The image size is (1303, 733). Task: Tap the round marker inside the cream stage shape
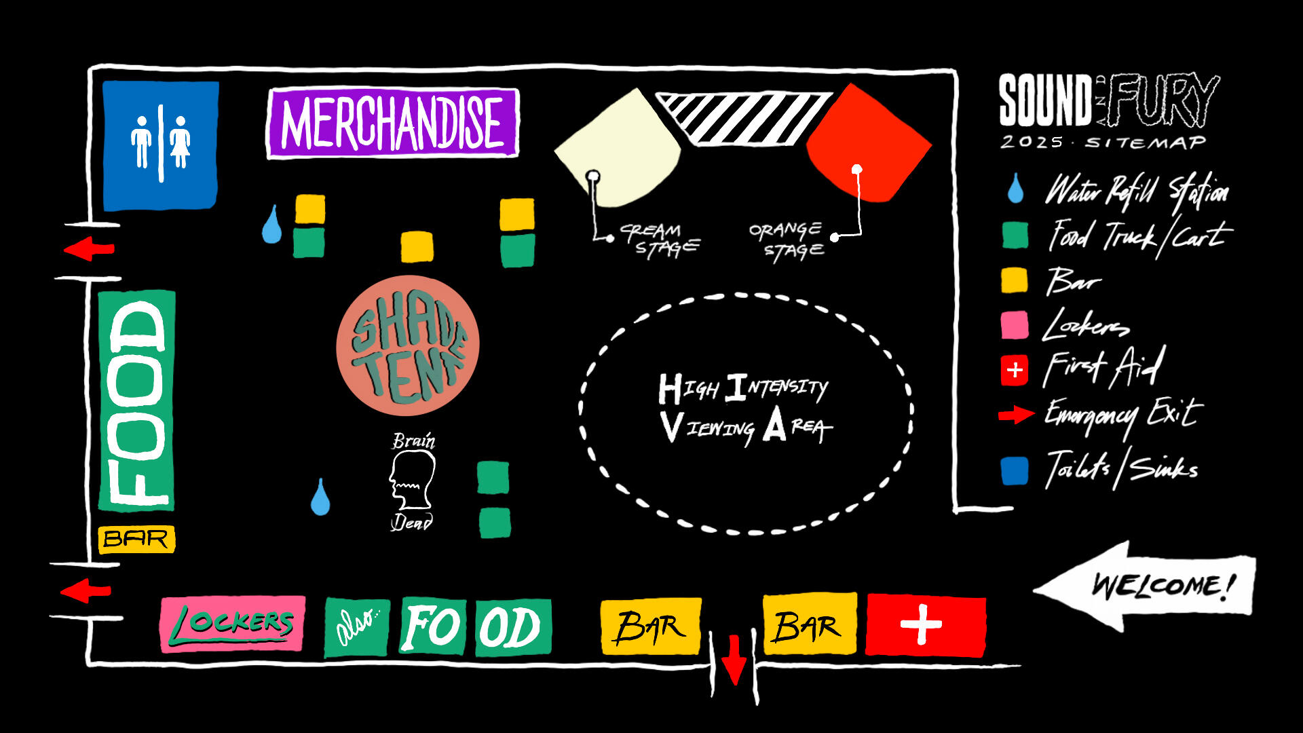click(x=592, y=177)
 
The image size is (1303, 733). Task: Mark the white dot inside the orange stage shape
click(x=857, y=169)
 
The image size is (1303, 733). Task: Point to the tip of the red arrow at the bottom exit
click(x=734, y=683)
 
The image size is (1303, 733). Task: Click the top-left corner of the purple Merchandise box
click(x=269, y=90)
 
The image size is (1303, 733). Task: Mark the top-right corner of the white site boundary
click(x=956, y=71)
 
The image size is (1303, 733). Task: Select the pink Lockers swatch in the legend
click(x=1015, y=325)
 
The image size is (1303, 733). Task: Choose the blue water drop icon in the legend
click(x=1015, y=188)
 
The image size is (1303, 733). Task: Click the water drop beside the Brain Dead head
click(x=320, y=497)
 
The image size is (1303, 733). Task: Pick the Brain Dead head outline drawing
click(x=412, y=480)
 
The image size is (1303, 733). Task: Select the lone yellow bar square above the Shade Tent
click(x=417, y=247)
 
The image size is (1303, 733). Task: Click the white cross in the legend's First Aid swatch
click(x=1015, y=371)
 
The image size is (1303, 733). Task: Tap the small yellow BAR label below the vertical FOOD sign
click(x=136, y=539)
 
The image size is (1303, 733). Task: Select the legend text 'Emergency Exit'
click(x=1123, y=415)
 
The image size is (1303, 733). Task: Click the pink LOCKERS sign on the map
click(x=233, y=624)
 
